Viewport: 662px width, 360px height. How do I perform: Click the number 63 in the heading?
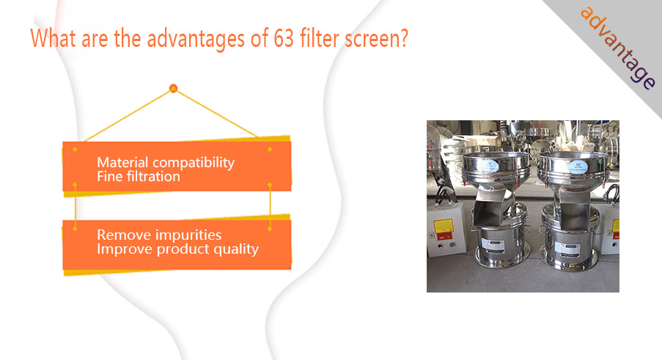coord(284,38)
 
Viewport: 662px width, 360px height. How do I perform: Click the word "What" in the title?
coord(54,38)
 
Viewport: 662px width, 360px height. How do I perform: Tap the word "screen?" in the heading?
coord(377,39)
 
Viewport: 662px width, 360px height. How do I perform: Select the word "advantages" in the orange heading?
coord(196,40)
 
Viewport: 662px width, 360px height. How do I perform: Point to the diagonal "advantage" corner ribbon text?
coord(618,48)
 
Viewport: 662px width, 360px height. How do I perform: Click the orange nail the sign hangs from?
coord(173,88)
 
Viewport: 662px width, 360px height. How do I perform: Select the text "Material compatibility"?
coord(166,163)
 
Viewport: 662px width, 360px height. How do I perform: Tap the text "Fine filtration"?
coord(139,177)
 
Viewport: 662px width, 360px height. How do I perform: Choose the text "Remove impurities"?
coord(159,235)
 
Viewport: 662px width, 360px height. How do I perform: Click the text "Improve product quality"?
coord(177,249)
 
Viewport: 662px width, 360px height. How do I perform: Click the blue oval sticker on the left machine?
coord(490,166)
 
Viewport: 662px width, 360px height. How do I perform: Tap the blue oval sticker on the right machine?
coord(578,166)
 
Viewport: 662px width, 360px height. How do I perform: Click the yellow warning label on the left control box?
coord(444,227)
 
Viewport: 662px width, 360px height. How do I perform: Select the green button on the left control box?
coord(452,244)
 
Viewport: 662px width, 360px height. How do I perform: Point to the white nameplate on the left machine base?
coord(493,245)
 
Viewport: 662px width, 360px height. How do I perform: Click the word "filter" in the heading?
coord(320,38)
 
